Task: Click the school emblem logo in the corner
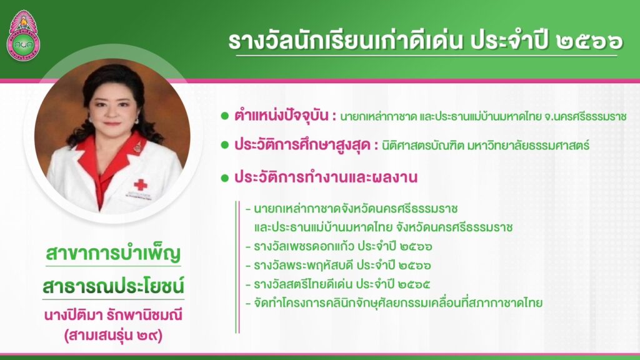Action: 23,35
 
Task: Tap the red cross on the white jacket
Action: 141,185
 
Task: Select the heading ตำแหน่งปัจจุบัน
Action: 281,116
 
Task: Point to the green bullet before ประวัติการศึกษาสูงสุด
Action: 224,145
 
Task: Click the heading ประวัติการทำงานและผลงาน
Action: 326,177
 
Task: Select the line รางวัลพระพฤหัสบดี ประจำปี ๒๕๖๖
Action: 342,265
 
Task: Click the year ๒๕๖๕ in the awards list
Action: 415,284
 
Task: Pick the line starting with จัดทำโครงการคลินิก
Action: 398,303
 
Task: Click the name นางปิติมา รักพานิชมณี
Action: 114,316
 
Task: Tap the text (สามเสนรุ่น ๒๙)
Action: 114,336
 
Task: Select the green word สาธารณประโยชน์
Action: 114,286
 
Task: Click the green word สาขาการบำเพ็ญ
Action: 114,253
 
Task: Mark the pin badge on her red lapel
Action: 137,146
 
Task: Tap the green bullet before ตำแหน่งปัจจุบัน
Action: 224,116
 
